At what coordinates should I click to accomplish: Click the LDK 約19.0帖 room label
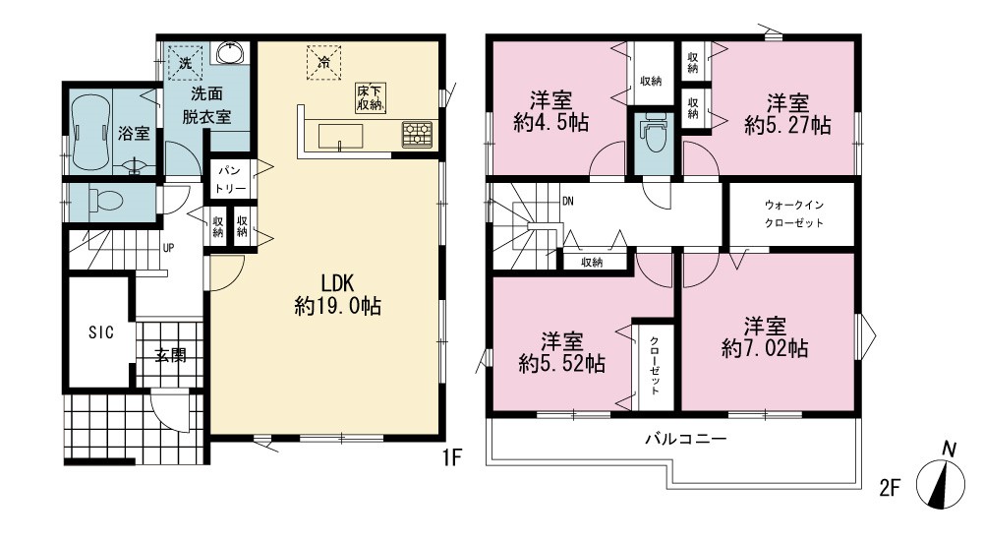pos(338,293)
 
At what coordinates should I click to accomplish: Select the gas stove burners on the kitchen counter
pos(418,135)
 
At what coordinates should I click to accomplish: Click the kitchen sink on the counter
pos(340,136)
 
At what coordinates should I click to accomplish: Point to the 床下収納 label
pos(370,97)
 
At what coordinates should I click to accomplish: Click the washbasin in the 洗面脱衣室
pos(233,52)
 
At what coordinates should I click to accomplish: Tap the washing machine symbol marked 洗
pos(186,63)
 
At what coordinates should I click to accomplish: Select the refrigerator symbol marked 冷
pos(323,63)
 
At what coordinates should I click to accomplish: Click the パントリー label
pos(231,179)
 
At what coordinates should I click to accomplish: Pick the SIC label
pos(101,332)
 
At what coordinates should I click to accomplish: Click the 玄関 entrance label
pos(170,356)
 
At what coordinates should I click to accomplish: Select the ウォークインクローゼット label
pos(793,213)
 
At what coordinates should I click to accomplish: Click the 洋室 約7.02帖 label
pos(765,337)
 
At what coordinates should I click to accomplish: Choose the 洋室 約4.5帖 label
pos(551,111)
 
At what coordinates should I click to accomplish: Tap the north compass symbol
pos(941,482)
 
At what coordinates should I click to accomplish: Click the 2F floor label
pos(890,488)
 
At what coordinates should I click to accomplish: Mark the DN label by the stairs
pos(568,202)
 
